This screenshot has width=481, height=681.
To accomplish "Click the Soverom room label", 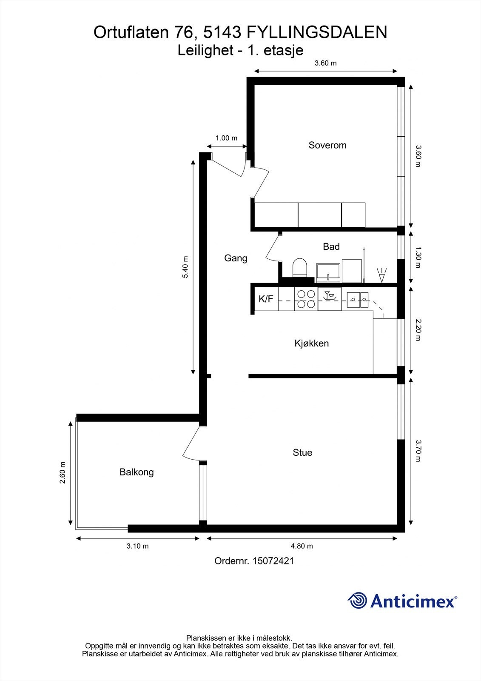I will (x=327, y=145).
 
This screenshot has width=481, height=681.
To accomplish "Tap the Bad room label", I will (x=331, y=246).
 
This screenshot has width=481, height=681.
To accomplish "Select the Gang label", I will (x=236, y=258).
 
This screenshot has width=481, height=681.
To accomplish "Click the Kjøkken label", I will (x=311, y=343).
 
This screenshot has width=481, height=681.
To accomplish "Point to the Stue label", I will (x=302, y=452).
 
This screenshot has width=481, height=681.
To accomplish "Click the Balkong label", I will (x=137, y=472).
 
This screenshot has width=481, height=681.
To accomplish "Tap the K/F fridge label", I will (x=266, y=299).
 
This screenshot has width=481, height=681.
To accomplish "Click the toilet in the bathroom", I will (x=299, y=268).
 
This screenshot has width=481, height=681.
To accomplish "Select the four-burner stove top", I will (x=306, y=299).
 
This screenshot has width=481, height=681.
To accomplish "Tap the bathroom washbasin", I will (x=328, y=272).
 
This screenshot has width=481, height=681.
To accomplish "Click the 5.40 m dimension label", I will (x=185, y=267).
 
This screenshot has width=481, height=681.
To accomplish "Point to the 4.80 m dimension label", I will (x=302, y=546).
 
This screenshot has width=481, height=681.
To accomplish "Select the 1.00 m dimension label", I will (x=226, y=138).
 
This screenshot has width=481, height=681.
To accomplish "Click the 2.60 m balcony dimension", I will (x=63, y=472).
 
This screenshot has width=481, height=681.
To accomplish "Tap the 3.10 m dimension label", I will (x=137, y=546).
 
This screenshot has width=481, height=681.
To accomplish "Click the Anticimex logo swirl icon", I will (x=357, y=601).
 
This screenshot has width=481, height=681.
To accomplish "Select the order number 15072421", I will (x=273, y=561).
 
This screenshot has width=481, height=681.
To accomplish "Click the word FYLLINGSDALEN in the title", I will (x=317, y=32).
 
